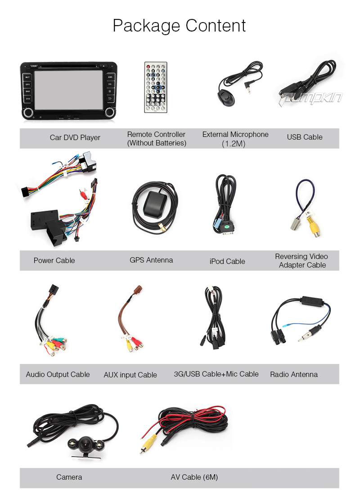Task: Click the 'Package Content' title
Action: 179,26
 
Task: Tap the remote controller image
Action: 155,87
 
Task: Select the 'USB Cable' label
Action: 305,137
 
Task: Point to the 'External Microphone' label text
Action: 235,134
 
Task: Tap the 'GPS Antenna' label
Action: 151,260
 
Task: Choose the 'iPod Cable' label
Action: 227,261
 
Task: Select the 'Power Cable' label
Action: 54,260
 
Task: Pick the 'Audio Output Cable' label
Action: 58,374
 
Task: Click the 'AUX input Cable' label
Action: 130,375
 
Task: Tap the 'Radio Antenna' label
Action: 294,374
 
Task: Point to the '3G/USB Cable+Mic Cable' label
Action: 216,374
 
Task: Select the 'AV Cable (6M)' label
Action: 194,477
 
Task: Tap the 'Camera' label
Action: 69,477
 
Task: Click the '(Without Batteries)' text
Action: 157,143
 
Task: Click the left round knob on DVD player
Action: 28,112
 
